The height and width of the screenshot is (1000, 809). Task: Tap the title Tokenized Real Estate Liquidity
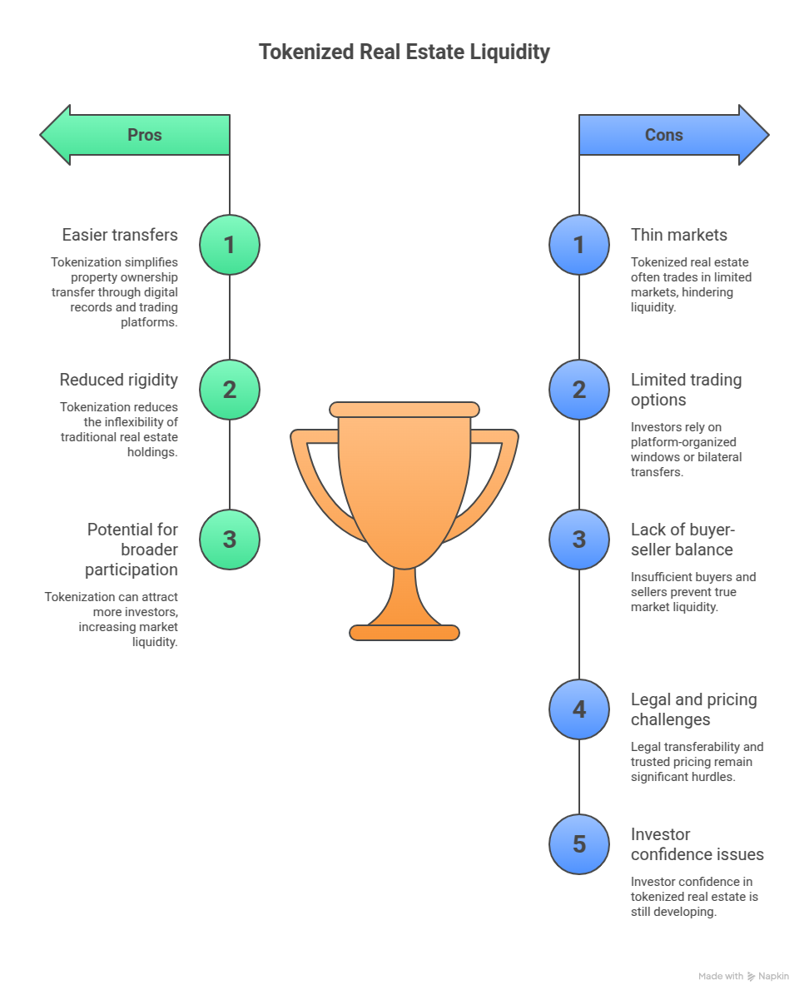404,52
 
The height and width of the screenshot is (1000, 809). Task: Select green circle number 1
230,245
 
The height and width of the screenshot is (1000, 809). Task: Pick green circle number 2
230,390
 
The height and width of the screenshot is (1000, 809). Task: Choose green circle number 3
230,540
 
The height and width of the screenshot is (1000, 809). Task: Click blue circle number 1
579,245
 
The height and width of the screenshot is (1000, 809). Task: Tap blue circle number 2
579,390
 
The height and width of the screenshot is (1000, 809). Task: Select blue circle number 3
579,540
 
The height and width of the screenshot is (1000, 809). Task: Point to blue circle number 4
579,709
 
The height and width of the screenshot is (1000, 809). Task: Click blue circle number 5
579,844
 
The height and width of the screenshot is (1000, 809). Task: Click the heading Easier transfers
120,235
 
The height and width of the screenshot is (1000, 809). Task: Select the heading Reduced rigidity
119,380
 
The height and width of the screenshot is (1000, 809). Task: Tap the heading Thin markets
678,235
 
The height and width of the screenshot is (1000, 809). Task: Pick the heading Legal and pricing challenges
693,709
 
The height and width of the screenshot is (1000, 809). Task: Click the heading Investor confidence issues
697,844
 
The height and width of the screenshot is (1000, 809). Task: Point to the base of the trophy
404,633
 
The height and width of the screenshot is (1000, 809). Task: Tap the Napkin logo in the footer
751,976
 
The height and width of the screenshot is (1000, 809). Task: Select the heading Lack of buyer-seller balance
682,540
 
